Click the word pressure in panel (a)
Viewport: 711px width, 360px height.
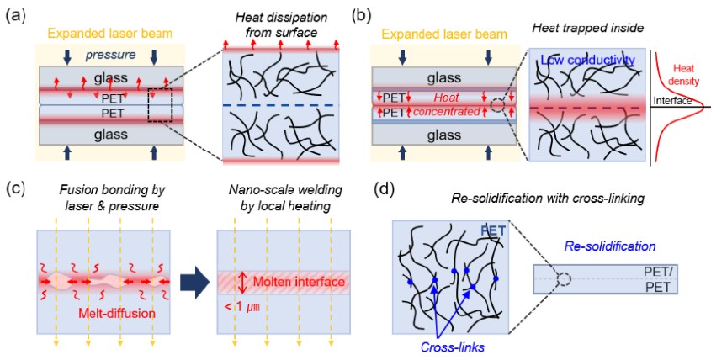109,56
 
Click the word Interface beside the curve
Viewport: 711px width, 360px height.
671,101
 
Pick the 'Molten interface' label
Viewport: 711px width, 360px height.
299,282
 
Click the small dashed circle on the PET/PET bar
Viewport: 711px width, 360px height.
563,279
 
